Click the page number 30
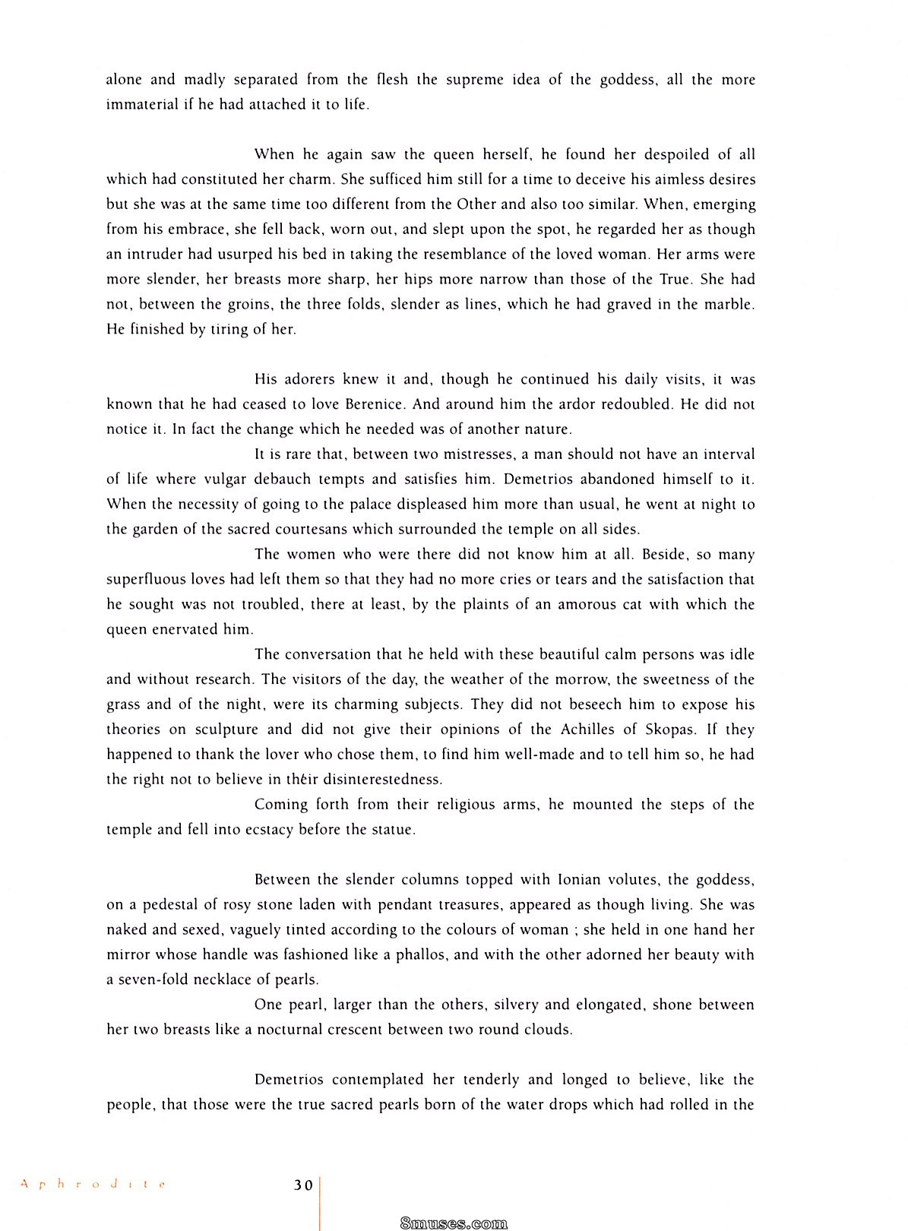click(303, 1185)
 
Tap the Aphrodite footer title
click(92, 1184)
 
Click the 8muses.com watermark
click(453, 1223)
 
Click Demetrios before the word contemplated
click(289, 1080)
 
